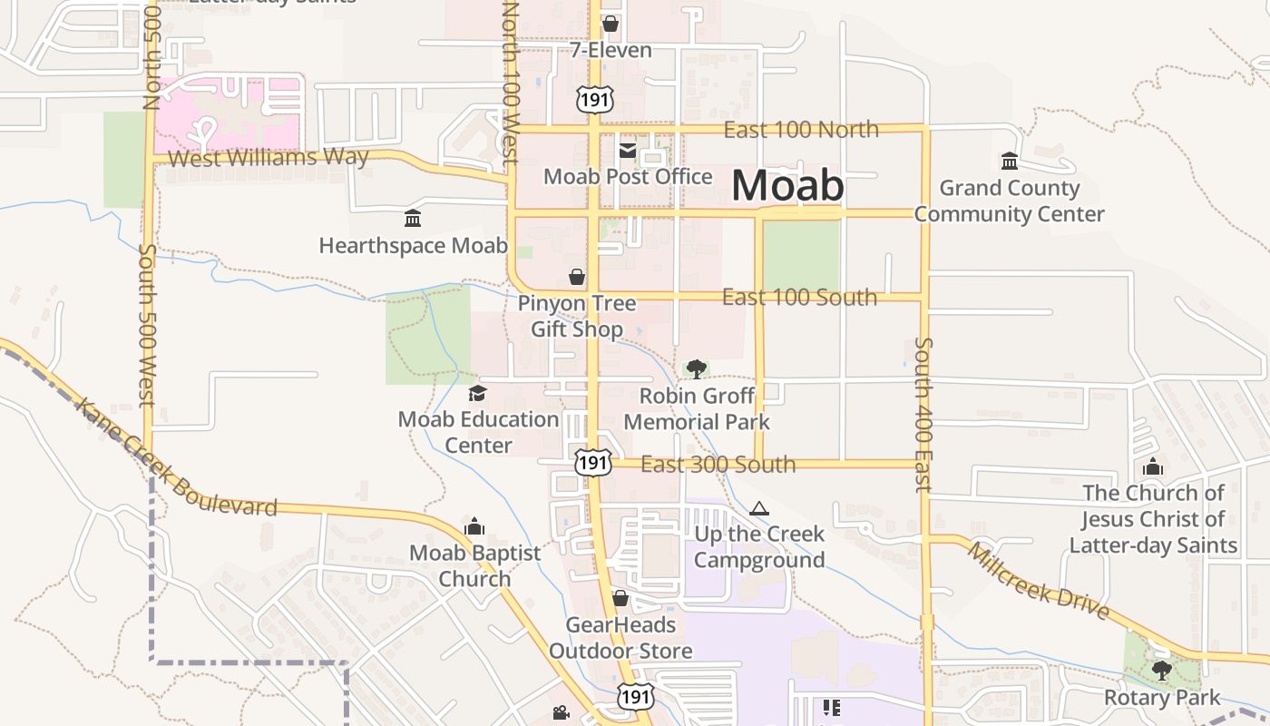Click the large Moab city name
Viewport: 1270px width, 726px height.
[x=786, y=185]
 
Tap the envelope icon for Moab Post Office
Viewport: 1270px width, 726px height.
[x=628, y=151]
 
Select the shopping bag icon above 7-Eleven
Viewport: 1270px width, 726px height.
[x=611, y=23]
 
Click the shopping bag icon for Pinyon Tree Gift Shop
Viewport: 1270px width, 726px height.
[x=577, y=276]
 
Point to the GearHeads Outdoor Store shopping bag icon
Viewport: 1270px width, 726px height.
[x=620, y=598]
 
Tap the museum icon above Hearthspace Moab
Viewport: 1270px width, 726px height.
[x=413, y=219]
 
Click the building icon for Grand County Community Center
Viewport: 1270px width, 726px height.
[x=1009, y=162]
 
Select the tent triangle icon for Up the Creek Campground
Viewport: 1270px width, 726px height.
[x=759, y=508]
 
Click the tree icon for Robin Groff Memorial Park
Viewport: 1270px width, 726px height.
[x=697, y=368]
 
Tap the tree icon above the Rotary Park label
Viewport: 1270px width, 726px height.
[x=1161, y=671]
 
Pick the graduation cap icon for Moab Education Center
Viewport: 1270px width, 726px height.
[x=477, y=393]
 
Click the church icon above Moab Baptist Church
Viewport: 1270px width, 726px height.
[x=474, y=526]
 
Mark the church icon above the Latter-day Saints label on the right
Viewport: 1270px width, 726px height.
[x=1153, y=467]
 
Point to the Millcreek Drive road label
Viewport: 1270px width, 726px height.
[x=1038, y=581]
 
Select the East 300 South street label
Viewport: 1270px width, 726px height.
[x=718, y=465]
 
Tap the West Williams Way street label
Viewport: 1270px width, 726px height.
[x=269, y=158]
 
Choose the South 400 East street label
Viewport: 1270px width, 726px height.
[x=923, y=414]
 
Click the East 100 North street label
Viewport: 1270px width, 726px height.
[x=800, y=130]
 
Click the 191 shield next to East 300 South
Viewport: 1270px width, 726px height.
[x=592, y=462]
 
